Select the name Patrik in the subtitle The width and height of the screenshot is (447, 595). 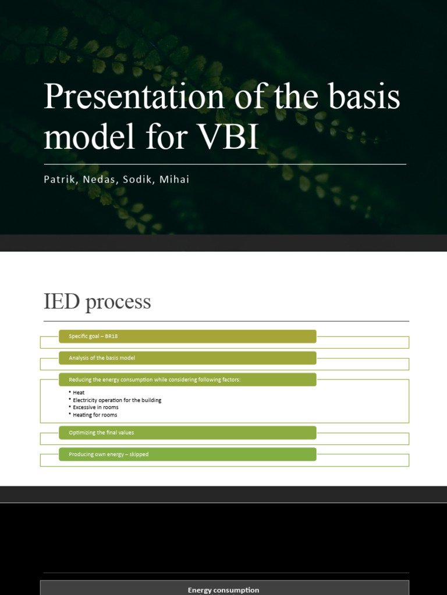(59, 180)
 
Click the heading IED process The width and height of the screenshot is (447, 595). (97, 302)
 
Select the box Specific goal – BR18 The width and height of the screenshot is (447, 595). (187, 336)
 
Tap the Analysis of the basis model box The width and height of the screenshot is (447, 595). (187, 358)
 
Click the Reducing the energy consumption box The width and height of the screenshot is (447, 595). (187, 379)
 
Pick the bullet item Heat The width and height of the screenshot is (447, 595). (79, 393)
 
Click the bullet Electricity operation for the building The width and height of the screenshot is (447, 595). (117, 400)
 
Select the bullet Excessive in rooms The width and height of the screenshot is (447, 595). (95, 407)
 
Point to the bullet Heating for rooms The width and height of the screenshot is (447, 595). (95, 415)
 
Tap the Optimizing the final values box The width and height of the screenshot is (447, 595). (187, 432)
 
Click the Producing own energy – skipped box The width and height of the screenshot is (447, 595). (187, 454)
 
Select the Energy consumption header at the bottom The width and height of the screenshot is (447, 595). (223, 590)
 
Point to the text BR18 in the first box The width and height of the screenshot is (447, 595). (112, 336)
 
